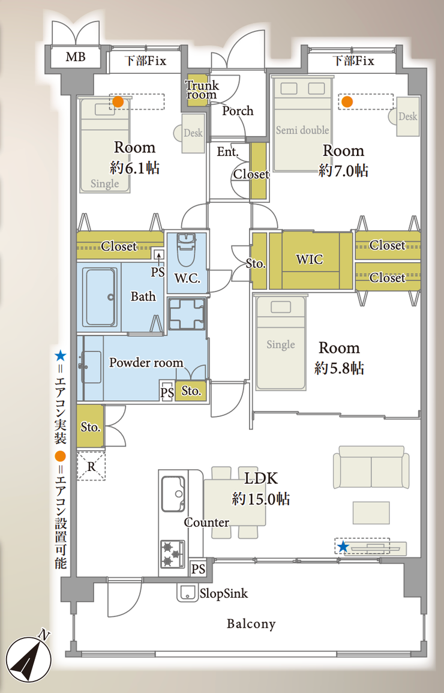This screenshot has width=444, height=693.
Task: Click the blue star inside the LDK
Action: click(343, 547)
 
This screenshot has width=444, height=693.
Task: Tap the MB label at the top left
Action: click(76, 57)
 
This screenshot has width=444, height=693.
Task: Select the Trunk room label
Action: click(202, 90)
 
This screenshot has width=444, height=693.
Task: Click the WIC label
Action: click(309, 259)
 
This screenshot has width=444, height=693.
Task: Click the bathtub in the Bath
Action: click(101, 296)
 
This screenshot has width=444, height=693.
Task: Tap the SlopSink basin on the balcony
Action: click(187, 593)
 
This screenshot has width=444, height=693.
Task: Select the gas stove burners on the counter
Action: click(172, 553)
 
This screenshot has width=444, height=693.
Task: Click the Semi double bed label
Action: click(302, 130)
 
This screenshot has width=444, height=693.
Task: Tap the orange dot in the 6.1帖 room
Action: click(118, 102)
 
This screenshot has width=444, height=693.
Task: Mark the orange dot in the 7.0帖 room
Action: click(347, 102)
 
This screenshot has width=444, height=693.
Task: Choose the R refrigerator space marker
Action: click(91, 466)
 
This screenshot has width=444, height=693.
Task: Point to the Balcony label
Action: click(251, 623)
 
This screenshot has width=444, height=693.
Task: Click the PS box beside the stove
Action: click(198, 568)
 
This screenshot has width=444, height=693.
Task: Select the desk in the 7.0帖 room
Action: click(404, 116)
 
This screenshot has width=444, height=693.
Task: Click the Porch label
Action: click(238, 110)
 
